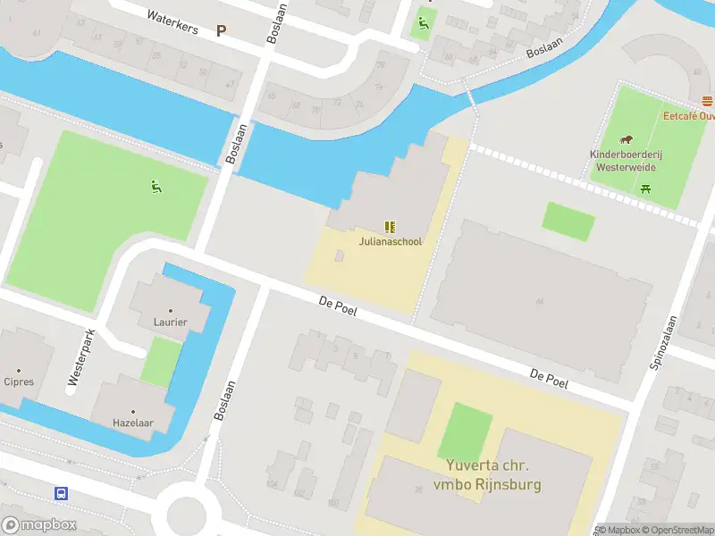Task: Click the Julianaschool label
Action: [390, 241]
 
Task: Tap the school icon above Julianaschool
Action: [390, 227]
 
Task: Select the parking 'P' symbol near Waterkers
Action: [221, 30]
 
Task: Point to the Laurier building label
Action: [170, 322]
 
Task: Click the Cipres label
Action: [19, 381]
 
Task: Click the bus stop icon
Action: [62, 493]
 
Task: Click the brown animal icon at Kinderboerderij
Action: [627, 139]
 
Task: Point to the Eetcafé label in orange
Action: [688, 116]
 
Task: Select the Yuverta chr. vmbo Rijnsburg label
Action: [488, 476]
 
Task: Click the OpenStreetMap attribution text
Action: [677, 530]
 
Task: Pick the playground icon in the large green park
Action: [156, 187]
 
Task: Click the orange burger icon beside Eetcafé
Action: [708, 101]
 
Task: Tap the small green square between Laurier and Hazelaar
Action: [161, 362]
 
